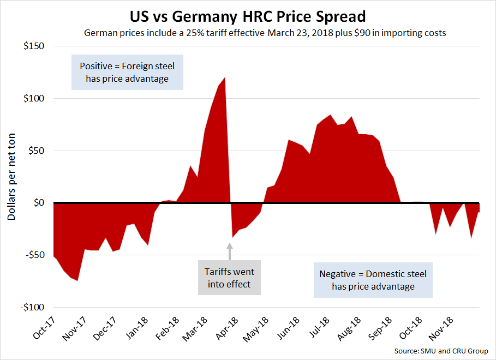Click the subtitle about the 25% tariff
(x=265, y=33)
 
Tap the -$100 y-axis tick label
(x=32, y=307)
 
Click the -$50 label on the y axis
(x=34, y=255)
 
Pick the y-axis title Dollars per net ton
(x=11, y=177)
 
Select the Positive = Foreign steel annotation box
(x=127, y=73)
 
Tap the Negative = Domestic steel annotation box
(x=373, y=280)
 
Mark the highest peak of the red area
(x=224, y=78)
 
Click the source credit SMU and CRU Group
(x=442, y=351)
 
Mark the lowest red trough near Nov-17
(x=77, y=280)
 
